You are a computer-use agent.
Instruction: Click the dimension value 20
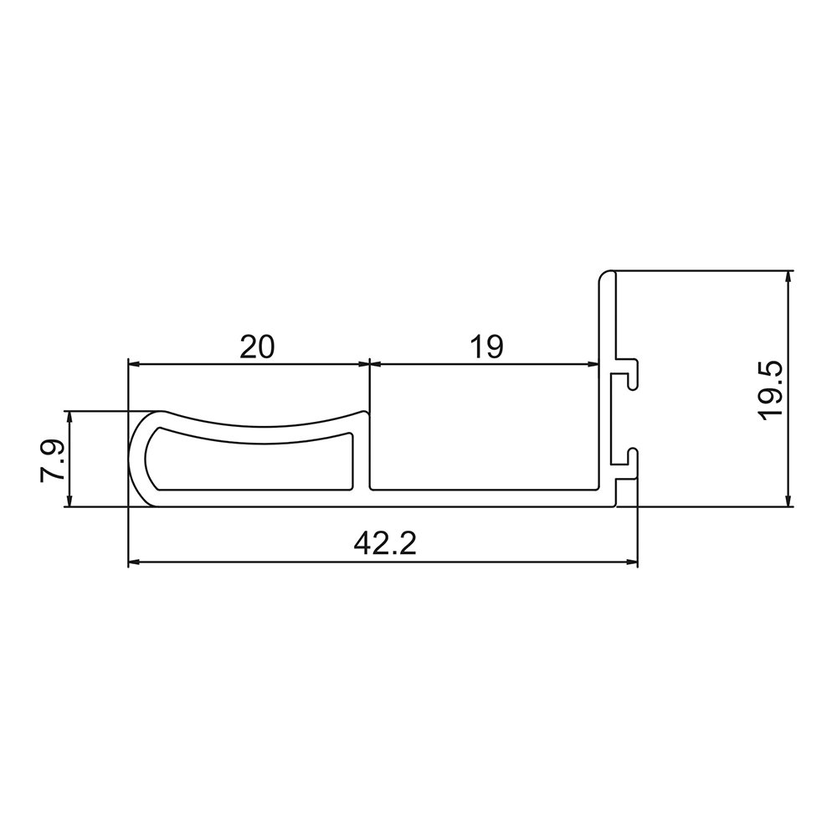(x=257, y=346)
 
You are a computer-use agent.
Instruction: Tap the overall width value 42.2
(x=384, y=545)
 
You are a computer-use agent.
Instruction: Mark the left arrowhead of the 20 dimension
(x=134, y=364)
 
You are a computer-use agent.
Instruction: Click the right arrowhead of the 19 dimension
(x=593, y=364)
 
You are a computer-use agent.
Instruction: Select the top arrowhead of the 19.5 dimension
(x=788, y=277)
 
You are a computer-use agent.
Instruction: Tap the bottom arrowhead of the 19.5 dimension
(x=788, y=500)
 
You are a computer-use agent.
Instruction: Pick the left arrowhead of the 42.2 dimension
(x=134, y=562)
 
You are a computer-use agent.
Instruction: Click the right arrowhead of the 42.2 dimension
(x=631, y=562)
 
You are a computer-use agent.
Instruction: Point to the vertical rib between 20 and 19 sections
(x=369, y=452)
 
